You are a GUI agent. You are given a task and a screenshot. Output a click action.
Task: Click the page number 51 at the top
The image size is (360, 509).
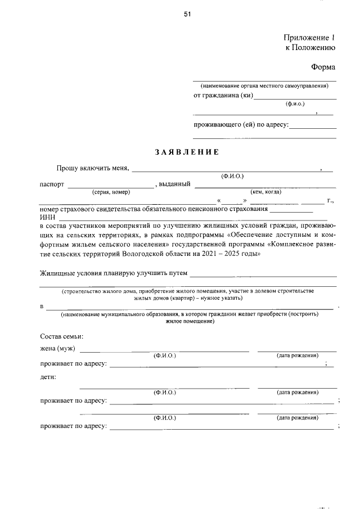pos(187,15)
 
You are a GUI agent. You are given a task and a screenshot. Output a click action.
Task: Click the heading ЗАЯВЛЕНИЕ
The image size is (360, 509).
pos(186,152)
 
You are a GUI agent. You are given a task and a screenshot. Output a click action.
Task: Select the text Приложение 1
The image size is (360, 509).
pos(309,38)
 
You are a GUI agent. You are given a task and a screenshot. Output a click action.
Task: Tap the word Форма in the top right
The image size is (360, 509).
pos(323,67)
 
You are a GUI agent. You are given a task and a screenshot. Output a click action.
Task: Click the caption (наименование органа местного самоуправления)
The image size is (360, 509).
pos(264,85)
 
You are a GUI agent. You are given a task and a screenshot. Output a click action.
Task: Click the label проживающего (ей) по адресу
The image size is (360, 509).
pos(241,124)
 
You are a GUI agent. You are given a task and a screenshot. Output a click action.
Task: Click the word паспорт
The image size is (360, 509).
pos(52,184)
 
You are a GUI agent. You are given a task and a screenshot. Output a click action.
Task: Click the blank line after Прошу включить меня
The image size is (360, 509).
pos(225,168)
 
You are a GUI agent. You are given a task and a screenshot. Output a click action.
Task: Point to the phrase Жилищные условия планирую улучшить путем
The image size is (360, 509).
pos(113,273)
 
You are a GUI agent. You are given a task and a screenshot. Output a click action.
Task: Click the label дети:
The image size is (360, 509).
pos(48,377)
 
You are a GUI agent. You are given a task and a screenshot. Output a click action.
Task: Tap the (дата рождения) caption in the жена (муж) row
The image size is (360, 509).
pos(298,356)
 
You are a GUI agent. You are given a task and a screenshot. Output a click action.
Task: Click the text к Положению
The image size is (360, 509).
pos(310,48)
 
